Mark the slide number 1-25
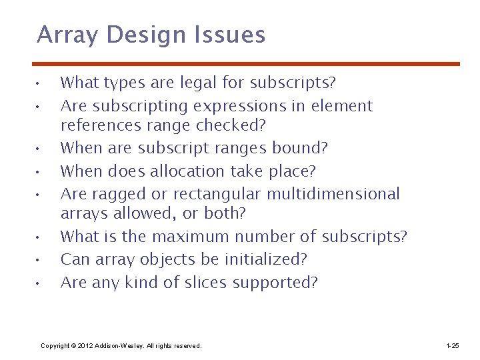pos(451,346)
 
